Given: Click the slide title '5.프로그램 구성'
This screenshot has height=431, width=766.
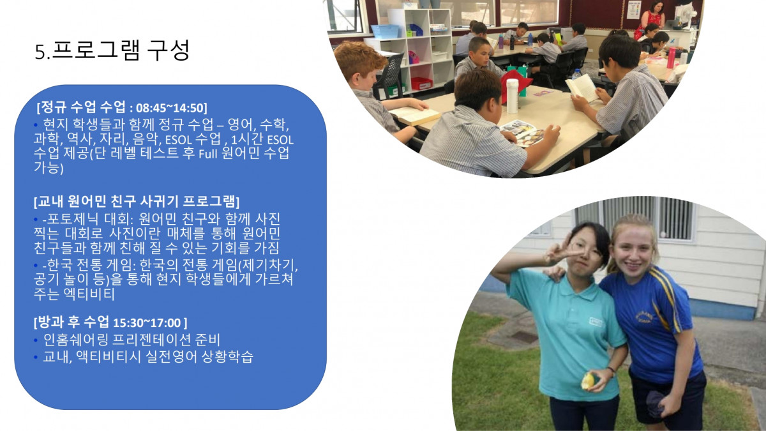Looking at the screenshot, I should [x=112, y=50].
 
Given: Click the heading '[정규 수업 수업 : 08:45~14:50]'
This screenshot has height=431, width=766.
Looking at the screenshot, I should [x=122, y=107].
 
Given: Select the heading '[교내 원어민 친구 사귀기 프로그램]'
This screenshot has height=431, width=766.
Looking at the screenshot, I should [x=137, y=202].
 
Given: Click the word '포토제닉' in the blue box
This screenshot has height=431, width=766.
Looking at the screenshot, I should [x=75, y=219].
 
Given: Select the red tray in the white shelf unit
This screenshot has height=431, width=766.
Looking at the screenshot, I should [x=421, y=83].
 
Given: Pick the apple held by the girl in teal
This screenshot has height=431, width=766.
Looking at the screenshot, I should [x=588, y=381].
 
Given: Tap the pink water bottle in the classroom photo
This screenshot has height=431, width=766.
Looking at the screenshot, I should [x=671, y=57].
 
